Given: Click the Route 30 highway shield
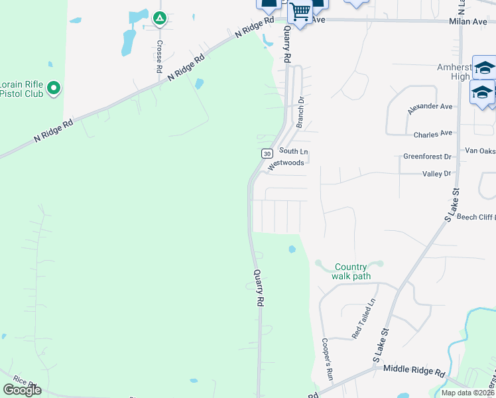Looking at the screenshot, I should pyautogui.click(x=267, y=153).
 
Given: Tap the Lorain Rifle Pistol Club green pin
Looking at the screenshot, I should pyautogui.click(x=54, y=88).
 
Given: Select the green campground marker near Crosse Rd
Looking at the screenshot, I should pyautogui.click(x=159, y=18).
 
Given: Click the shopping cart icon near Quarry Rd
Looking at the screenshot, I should pyautogui.click(x=300, y=11).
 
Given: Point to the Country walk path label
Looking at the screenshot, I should pyautogui.click(x=351, y=271).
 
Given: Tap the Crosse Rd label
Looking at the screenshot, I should pyautogui.click(x=160, y=56).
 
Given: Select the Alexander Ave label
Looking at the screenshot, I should pyautogui.click(x=430, y=106).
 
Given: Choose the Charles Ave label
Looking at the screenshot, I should pyautogui.click(x=432, y=134).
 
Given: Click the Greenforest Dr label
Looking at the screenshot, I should pyautogui.click(x=427, y=157).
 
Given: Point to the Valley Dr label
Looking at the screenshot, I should pyautogui.click(x=436, y=173).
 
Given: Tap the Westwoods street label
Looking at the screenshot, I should pyautogui.click(x=286, y=163).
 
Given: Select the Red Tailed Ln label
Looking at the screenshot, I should pyautogui.click(x=363, y=318).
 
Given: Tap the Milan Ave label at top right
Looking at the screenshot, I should pyautogui.click(x=467, y=22).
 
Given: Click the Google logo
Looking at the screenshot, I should pyautogui.click(x=22, y=389).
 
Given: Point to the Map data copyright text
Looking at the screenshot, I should pyautogui.click(x=468, y=393).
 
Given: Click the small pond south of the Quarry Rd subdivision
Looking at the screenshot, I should pyautogui.click(x=291, y=250).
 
